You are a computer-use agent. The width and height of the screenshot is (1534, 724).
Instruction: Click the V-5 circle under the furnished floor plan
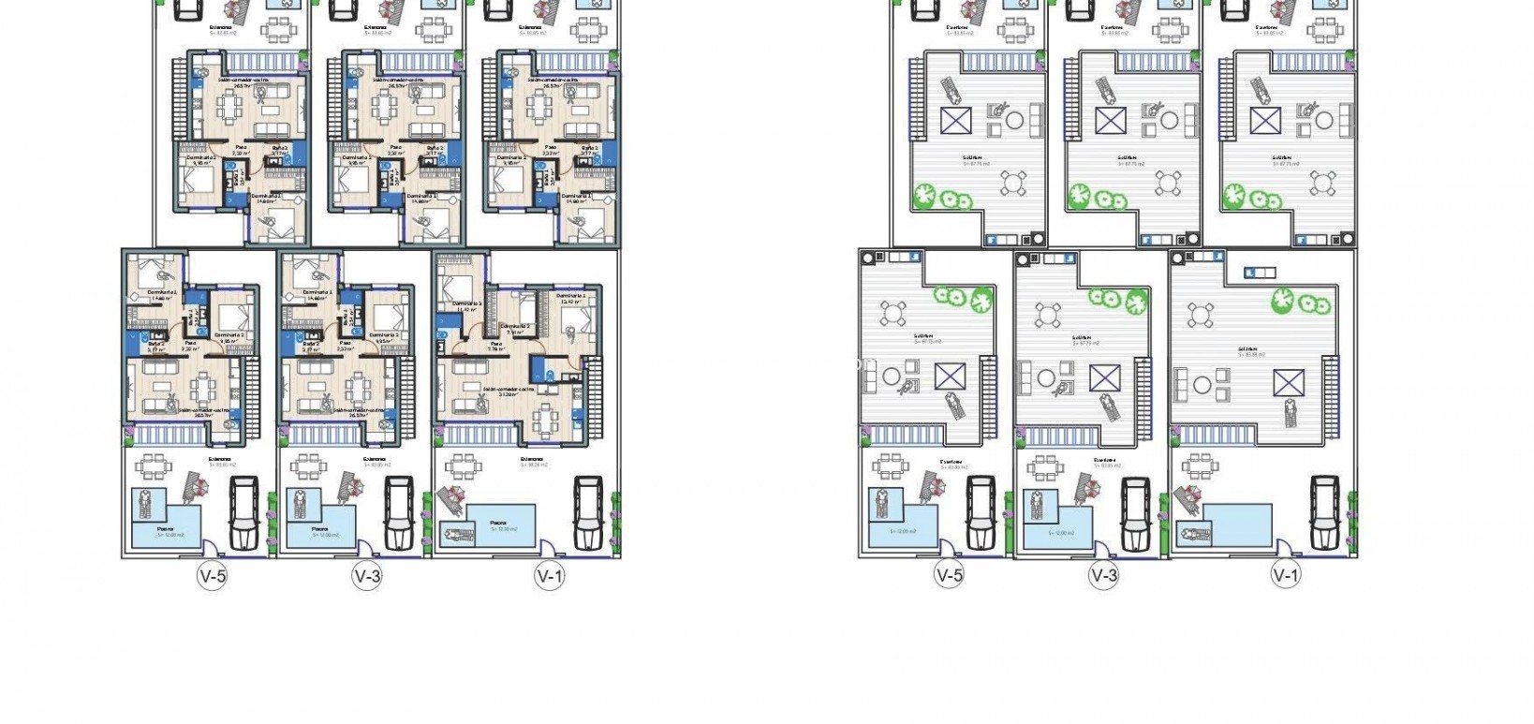pos(212,577)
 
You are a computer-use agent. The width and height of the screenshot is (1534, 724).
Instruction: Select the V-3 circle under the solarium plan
pos(1104,576)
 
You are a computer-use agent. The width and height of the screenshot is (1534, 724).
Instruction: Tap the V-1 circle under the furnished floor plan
pos(550,577)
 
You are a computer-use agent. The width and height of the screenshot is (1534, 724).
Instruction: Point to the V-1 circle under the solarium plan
pos(1286,576)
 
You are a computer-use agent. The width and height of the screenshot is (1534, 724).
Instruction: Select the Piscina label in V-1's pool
pos(498,524)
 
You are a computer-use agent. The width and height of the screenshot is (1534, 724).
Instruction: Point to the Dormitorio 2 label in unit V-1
pos(514,326)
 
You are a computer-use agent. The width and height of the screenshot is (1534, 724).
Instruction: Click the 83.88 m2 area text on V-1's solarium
pos(1252,355)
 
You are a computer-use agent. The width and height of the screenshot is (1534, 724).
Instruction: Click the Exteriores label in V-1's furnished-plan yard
pos(532,459)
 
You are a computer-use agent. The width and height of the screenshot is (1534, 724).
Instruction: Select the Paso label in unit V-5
pos(190,345)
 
